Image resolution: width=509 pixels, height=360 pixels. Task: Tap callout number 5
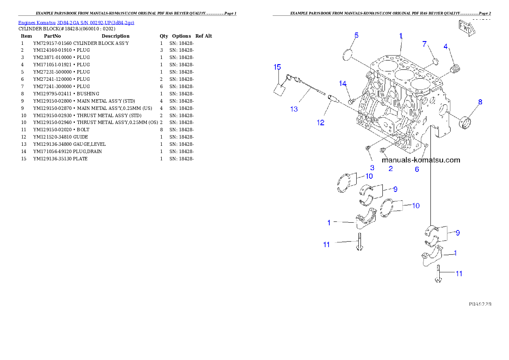tap(356, 35)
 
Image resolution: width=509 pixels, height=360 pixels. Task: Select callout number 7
tap(424, 44)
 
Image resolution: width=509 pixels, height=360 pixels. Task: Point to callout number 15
tap(277, 67)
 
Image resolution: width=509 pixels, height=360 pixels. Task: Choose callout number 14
tap(343, 83)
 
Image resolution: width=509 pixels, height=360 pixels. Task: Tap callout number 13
tap(294, 109)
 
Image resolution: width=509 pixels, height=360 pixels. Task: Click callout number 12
tap(320, 123)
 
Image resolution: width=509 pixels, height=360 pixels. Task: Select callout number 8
tap(480, 102)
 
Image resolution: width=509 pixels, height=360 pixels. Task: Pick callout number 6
tap(417, 169)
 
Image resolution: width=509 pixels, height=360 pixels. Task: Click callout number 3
tap(372, 168)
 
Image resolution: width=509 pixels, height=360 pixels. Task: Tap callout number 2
tap(391, 169)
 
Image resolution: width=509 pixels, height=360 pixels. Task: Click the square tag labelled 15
tap(279, 89)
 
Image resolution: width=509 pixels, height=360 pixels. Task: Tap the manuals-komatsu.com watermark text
tap(421, 160)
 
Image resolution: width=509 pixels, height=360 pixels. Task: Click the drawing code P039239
tap(479, 304)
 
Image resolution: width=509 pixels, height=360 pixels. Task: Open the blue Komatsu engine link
tap(76, 22)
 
